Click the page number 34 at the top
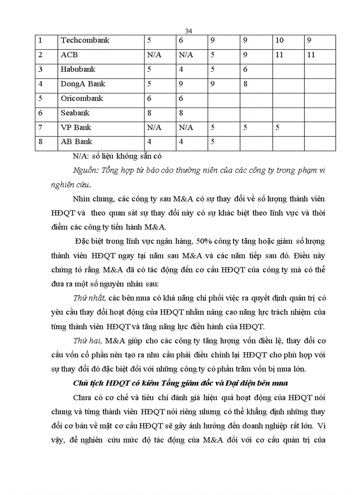point(188,31)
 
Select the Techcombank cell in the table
point(85,41)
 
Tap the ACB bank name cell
point(69,55)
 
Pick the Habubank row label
point(78,70)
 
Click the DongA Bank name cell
point(83,84)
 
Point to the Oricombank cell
point(82,98)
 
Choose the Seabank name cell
point(75,113)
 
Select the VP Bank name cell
point(76,127)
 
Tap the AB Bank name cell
point(76,142)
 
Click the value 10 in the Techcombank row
point(279,41)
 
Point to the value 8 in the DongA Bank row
point(245,84)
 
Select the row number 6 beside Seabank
point(41,113)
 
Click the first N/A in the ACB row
point(154,55)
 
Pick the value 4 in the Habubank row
point(181,70)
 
